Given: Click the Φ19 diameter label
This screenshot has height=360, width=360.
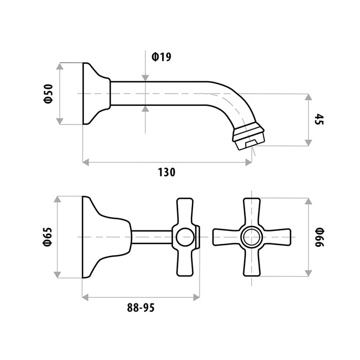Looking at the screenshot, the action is click(161, 57).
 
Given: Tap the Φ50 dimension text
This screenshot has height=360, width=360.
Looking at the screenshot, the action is click(48, 94).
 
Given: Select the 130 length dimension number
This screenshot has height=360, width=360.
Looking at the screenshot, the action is click(167, 172).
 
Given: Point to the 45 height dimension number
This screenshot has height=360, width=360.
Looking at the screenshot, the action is click(319, 119).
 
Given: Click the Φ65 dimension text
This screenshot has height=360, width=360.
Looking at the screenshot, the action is click(48, 237).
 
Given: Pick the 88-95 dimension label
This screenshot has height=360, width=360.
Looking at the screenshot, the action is click(141, 308).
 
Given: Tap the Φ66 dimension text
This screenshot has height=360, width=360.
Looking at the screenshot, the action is click(319, 237).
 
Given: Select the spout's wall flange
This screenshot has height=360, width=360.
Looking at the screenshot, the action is click(97, 94).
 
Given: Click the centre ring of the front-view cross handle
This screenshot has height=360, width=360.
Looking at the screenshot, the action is click(251, 237).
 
